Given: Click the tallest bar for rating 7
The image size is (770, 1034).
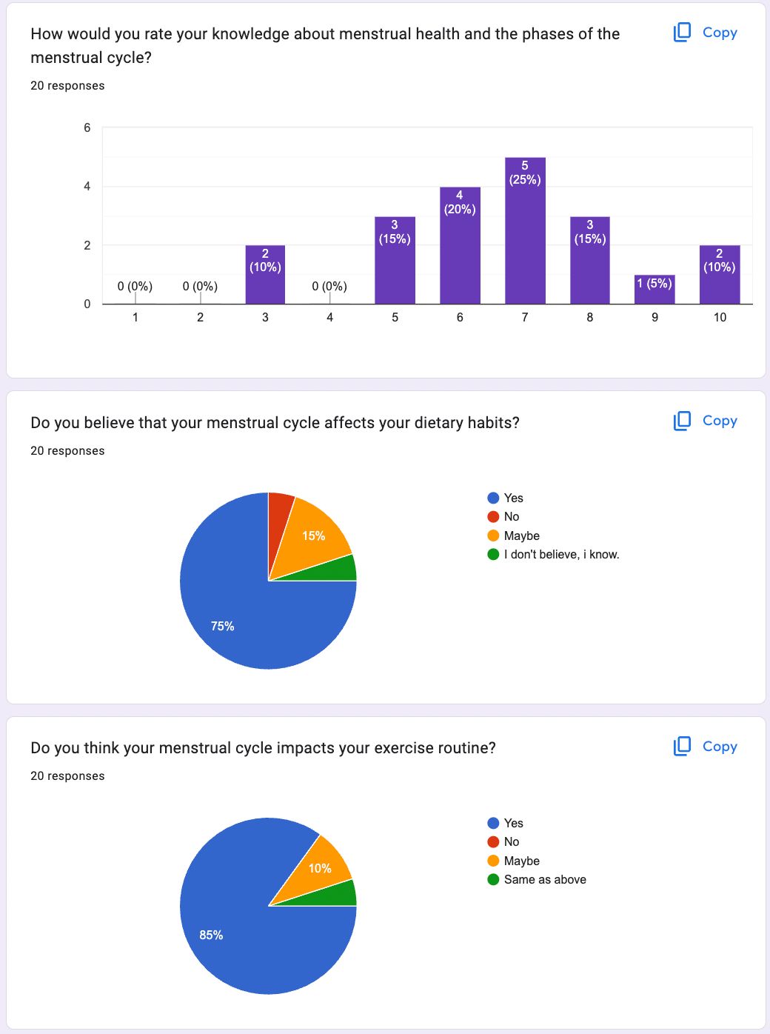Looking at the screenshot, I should click(525, 237).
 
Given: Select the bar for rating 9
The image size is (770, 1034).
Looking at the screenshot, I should click(654, 290).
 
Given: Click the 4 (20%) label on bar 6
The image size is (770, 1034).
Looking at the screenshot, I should click(460, 202).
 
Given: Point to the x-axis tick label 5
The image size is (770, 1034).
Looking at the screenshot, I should click(395, 317).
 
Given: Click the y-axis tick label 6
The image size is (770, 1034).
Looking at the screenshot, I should click(87, 127).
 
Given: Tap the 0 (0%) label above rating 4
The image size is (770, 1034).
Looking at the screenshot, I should click(329, 286).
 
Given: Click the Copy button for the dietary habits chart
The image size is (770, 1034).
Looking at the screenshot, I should click(706, 421).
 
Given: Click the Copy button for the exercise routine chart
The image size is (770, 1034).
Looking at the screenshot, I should click(706, 747).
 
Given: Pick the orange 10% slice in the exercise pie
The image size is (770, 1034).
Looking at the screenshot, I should click(321, 867).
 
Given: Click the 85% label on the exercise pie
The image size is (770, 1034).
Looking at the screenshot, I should click(211, 935).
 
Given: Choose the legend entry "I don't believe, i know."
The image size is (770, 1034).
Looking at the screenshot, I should click(561, 554).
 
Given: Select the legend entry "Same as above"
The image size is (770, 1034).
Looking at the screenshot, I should click(545, 879).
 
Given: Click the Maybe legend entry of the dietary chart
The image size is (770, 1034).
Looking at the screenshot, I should click(521, 536).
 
